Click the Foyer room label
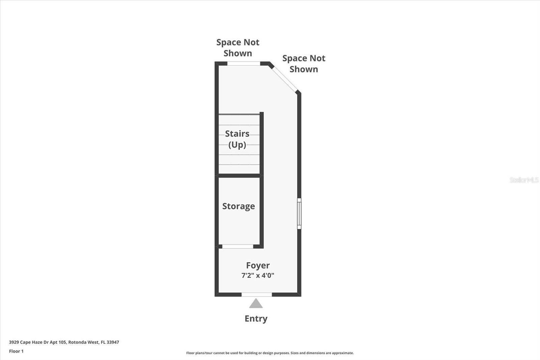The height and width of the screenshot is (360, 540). pyautogui.click(x=258, y=265)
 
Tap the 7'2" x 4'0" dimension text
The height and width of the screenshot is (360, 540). pyautogui.click(x=258, y=275)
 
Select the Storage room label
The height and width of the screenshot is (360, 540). pyautogui.click(x=238, y=206)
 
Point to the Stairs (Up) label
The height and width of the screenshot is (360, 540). pyautogui.click(x=237, y=139)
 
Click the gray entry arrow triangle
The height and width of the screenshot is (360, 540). pyautogui.click(x=256, y=304)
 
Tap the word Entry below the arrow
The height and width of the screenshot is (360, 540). pyautogui.click(x=256, y=318)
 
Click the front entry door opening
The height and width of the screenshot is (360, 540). pyautogui.click(x=256, y=294)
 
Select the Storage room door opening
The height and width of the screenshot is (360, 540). pyautogui.click(x=238, y=247)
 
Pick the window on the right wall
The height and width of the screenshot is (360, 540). pyautogui.click(x=299, y=213)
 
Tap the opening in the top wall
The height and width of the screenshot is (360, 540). pyautogui.click(x=243, y=63)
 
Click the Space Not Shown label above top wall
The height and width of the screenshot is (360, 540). pyautogui.click(x=238, y=48)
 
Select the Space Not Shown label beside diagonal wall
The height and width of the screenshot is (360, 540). pyautogui.click(x=304, y=63)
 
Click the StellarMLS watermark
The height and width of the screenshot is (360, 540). pyautogui.click(x=524, y=180)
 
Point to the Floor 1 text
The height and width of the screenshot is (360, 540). pyautogui.click(x=16, y=351)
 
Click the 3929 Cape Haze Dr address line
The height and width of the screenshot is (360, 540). pyautogui.click(x=64, y=342)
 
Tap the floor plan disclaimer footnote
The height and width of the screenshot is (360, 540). pyautogui.click(x=270, y=353)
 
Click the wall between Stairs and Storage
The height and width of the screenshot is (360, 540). pyautogui.click(x=239, y=176)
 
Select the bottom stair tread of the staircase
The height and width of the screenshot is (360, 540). pyautogui.click(x=239, y=169)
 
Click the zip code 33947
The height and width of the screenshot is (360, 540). pyautogui.click(x=113, y=342)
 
